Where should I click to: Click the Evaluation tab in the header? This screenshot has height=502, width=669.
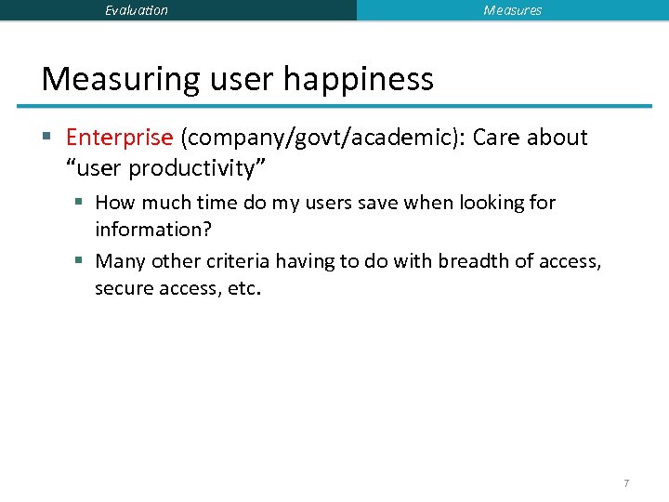pos(137,10)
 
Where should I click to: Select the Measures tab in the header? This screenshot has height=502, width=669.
pos(512,10)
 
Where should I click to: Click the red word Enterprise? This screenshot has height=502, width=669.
pos(119,138)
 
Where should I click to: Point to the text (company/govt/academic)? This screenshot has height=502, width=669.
pos(322,138)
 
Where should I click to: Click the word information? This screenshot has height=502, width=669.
pos(153,229)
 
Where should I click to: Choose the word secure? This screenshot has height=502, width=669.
pos(124,288)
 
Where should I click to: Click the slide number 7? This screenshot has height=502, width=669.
pos(626,483)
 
